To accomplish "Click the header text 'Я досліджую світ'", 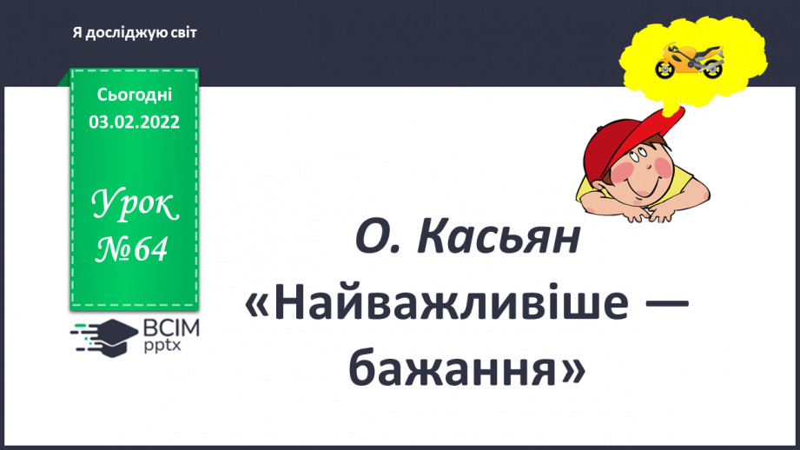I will click(x=135, y=32).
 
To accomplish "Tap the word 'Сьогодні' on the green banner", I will click(x=134, y=96).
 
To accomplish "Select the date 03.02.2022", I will click(x=134, y=122).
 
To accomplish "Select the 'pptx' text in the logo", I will click(x=162, y=345).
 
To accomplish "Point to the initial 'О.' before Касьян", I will click(x=378, y=240).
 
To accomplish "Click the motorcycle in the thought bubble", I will click(x=690, y=59).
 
